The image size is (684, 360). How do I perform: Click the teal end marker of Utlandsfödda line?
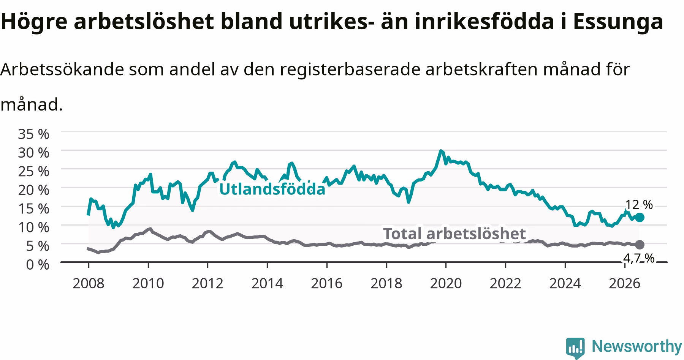[x=640, y=217]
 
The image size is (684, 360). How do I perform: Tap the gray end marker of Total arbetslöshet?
[x=640, y=244]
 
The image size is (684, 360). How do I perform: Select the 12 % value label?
[x=639, y=205]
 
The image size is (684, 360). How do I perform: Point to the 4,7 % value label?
[x=639, y=258]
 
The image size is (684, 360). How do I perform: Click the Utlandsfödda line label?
[x=272, y=189]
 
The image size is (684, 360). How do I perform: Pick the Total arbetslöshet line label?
[x=454, y=234]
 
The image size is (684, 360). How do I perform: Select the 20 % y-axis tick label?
[x=34, y=189]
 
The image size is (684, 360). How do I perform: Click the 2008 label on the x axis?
[x=89, y=283]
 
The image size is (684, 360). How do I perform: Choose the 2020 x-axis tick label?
[x=446, y=283]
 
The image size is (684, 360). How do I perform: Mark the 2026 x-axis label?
[x=624, y=283]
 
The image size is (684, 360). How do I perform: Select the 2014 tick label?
[x=267, y=283]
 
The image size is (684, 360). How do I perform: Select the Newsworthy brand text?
[x=637, y=347]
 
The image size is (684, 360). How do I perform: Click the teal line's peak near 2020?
[x=441, y=151]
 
